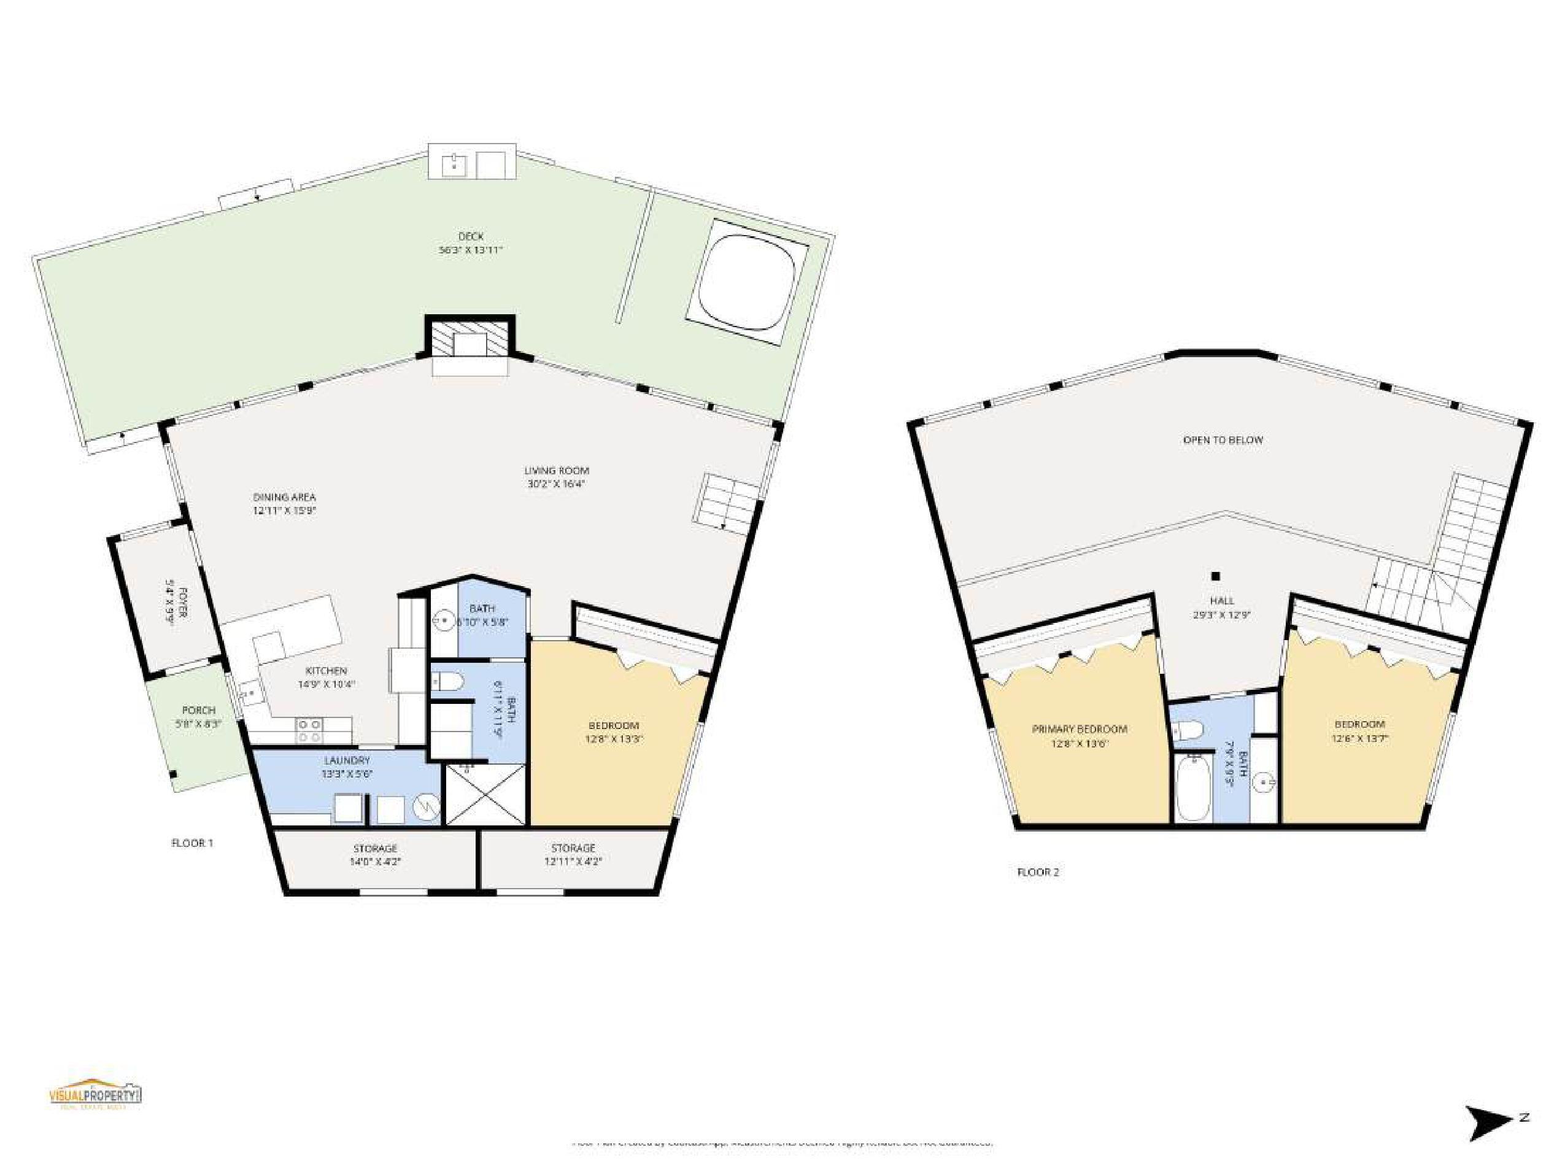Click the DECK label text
click(x=471, y=236)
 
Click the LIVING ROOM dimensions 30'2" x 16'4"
click(x=557, y=485)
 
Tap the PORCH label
click(x=198, y=710)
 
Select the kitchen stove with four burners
click(x=309, y=730)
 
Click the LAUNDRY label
click(x=347, y=760)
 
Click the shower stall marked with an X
click(x=485, y=796)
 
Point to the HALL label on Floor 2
click(x=1222, y=601)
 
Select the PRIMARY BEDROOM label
click(x=1079, y=729)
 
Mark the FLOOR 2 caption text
click(x=1037, y=872)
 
